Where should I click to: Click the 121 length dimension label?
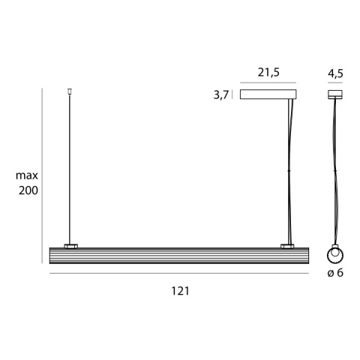[x=178, y=290]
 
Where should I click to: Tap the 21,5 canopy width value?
[x=268, y=73]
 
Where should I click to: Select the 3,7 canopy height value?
[x=220, y=95]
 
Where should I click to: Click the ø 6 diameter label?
[x=335, y=273]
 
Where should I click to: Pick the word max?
[x=27, y=175]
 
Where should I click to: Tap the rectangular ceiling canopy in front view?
[x=268, y=94]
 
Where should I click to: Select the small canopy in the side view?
[x=334, y=94]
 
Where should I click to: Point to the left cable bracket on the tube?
[x=70, y=245]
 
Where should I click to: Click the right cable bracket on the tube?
[x=287, y=245]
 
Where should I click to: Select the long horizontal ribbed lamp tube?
[x=178, y=255]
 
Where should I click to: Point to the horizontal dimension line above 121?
[x=178, y=275]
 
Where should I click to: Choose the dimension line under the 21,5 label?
[x=268, y=82]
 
